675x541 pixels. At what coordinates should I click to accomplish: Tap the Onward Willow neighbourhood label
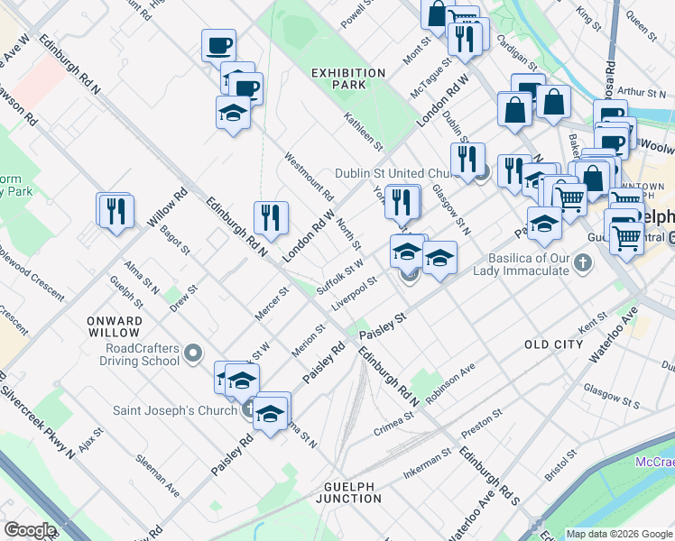(115, 326)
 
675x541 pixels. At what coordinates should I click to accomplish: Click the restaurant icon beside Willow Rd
(116, 212)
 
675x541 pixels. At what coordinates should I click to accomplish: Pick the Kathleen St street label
(364, 132)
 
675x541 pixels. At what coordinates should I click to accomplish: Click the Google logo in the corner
(30, 530)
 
